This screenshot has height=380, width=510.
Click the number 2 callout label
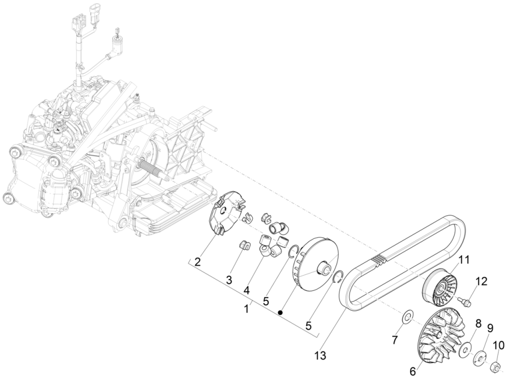[197, 262]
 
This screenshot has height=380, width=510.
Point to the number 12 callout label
[481, 281]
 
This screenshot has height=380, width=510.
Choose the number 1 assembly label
[247, 309]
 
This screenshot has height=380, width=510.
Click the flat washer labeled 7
[407, 317]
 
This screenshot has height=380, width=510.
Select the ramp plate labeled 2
[227, 214]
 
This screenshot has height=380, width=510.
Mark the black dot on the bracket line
[280, 312]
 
